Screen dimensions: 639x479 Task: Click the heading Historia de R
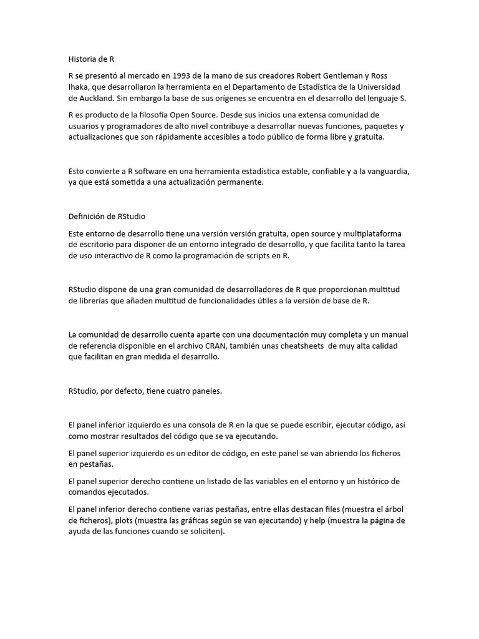91,60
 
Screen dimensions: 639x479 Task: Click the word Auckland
97,99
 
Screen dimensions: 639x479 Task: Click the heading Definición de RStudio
107,217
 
